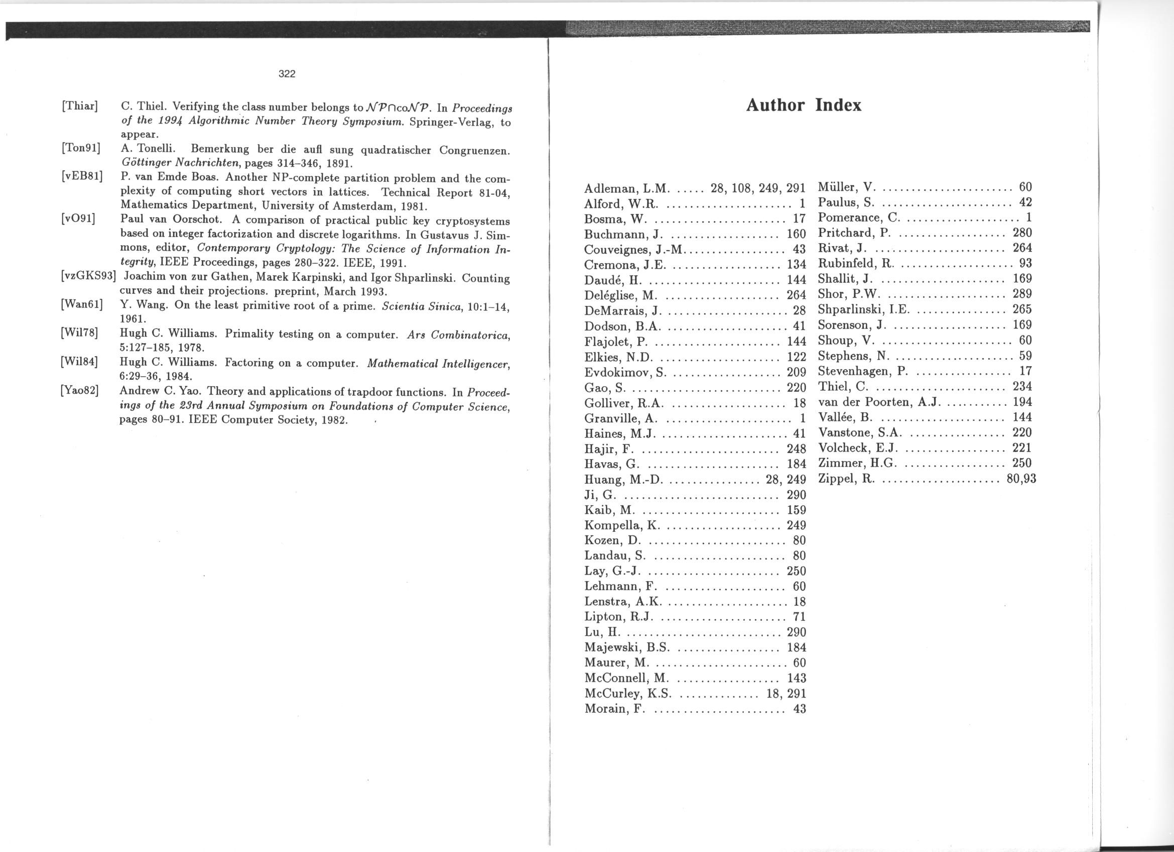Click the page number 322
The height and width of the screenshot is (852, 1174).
tap(287, 73)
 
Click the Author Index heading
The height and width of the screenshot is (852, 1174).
tap(804, 105)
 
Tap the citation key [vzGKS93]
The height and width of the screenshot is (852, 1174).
tap(87, 277)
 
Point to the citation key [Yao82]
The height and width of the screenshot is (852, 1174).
tap(79, 390)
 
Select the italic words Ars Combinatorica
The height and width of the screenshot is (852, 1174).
tap(459, 335)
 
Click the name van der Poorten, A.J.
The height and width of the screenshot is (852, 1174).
tap(879, 402)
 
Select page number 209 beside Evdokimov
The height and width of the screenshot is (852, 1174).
tap(796, 372)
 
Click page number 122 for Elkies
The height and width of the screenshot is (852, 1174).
tap(796, 357)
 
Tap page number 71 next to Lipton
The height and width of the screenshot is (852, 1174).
tap(799, 617)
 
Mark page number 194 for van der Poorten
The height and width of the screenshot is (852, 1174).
tap(1022, 402)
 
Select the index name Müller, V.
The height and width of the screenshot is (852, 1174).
tap(846, 187)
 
